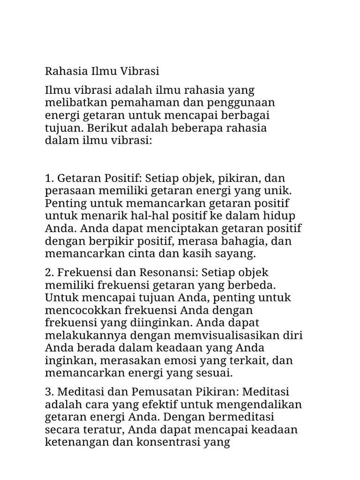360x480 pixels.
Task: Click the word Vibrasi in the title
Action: (141, 72)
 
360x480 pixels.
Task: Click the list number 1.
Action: (49, 179)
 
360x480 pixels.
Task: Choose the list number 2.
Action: (49, 273)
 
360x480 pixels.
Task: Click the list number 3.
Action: (49, 391)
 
